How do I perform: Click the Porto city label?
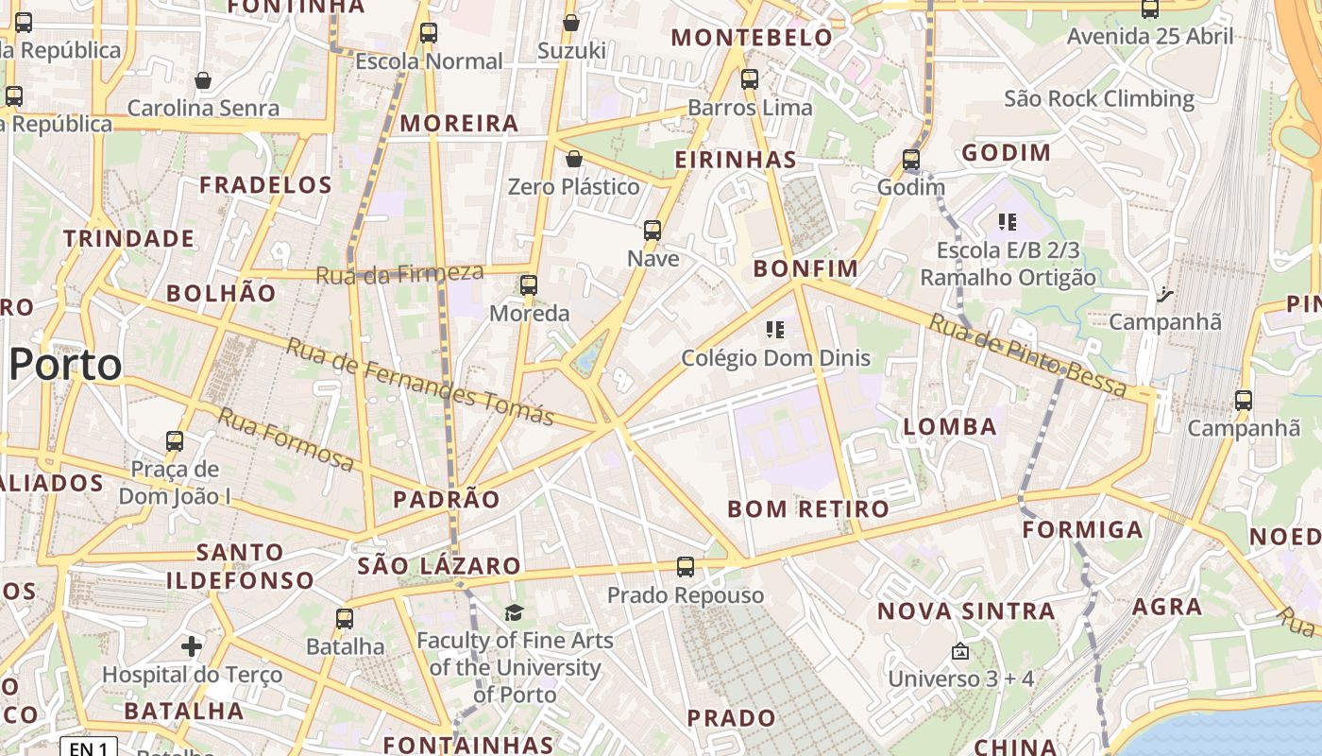coord(66,365)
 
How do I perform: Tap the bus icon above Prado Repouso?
coord(686,567)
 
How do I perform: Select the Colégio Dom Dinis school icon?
coord(775,330)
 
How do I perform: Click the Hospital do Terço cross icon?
coord(192,646)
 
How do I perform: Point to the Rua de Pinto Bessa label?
coord(1028,355)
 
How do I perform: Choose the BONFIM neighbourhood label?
coord(805,268)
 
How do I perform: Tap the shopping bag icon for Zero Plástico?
coord(573,159)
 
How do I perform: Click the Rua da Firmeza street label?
coord(399,274)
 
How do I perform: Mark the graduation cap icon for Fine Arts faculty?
coord(514,613)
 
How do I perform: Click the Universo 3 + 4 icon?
coord(960,651)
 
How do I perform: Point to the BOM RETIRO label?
coord(808,509)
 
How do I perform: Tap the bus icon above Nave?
coord(652,230)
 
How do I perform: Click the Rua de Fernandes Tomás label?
coord(419,382)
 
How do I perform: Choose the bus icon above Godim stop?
coord(911,160)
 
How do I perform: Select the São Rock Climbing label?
coord(1099,98)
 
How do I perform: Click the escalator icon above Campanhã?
coord(1164,295)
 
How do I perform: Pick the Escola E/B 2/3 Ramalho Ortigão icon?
coord(1008,222)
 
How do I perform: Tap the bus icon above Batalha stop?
coord(345,619)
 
